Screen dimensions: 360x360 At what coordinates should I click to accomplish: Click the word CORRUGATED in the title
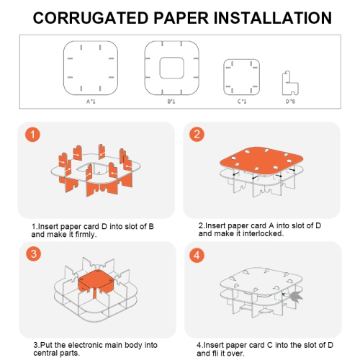pyautogui.click(x=91, y=18)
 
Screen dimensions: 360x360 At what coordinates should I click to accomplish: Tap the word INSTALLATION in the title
pyautogui.click(x=273, y=18)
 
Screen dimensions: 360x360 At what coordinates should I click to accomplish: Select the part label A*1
pyautogui.click(x=91, y=102)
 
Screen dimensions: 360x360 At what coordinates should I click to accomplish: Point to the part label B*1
pyautogui.click(x=171, y=102)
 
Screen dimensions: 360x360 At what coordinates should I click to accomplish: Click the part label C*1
pyautogui.click(x=242, y=102)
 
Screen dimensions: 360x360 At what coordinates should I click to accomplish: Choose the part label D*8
pyautogui.click(x=290, y=102)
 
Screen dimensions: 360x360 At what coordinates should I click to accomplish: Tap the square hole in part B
pyautogui.click(x=172, y=68)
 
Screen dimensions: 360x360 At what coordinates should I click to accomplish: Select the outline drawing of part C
pyautogui.click(x=242, y=77)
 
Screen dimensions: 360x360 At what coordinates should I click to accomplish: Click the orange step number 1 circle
pyautogui.click(x=32, y=135)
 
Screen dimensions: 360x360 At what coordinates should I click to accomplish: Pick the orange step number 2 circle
pyautogui.click(x=197, y=134)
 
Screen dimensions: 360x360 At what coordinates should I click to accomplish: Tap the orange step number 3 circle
pyautogui.click(x=34, y=253)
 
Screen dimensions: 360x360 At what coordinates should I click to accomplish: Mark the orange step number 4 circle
pyautogui.click(x=197, y=255)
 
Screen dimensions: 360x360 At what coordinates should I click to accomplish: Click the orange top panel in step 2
pyautogui.click(x=261, y=161)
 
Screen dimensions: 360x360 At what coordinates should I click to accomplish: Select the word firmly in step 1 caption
pyautogui.click(x=86, y=235)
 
